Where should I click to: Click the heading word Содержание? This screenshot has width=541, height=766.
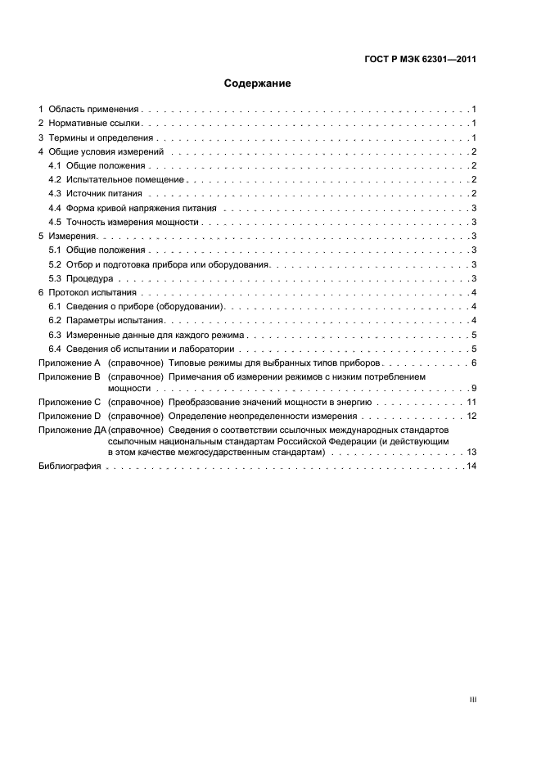[258, 83]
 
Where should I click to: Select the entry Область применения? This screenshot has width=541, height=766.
[95, 109]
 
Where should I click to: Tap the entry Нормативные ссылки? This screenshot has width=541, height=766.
[95, 124]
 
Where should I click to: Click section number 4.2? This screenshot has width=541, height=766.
[56, 179]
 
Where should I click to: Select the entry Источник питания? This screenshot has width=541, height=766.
[104, 194]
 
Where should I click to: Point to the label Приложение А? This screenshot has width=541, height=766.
[69, 363]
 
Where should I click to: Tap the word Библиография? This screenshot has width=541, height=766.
[70, 466]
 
